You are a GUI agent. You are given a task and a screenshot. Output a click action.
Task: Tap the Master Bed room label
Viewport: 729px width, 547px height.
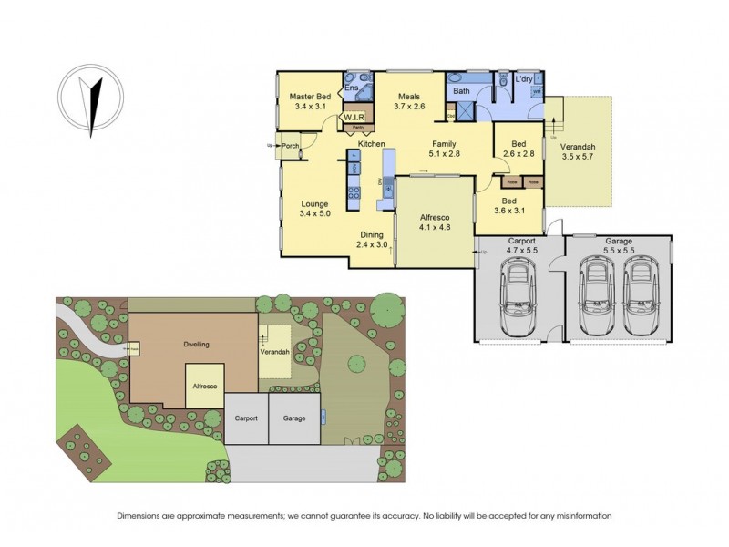coord(310,101)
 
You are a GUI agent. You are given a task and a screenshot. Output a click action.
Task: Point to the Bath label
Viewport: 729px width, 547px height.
coord(461,91)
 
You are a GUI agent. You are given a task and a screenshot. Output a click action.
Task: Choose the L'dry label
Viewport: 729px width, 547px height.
coord(523,80)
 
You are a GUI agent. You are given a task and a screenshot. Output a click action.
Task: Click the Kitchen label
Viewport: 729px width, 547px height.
coord(371,145)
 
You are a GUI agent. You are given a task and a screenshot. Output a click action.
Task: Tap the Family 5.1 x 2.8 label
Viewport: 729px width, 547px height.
coord(444,150)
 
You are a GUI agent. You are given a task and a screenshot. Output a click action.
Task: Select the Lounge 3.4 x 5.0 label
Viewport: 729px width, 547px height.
coord(314,208)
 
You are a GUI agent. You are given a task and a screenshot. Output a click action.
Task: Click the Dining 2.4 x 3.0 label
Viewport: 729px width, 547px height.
coord(371,239)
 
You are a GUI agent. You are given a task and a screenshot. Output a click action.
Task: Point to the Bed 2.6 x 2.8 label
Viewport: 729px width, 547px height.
coord(519,150)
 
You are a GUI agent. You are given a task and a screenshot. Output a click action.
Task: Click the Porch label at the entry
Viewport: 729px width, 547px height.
coord(291,146)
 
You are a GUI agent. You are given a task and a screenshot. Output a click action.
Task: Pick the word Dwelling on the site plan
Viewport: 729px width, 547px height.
coord(196,345)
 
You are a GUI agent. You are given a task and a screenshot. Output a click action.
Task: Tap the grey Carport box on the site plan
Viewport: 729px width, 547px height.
coord(245,418)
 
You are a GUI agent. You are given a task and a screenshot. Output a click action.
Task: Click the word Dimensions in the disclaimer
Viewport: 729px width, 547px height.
coord(141,516)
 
